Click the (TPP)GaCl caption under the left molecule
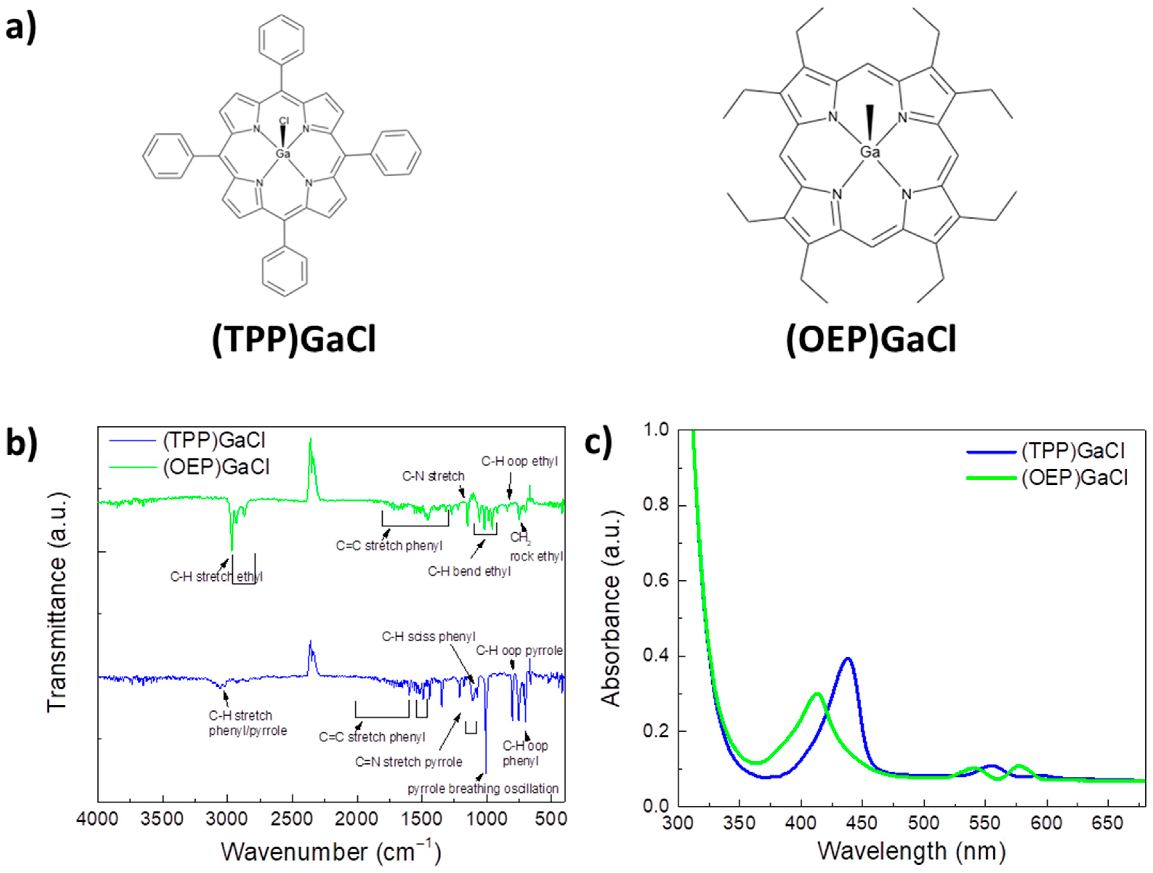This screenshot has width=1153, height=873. tap(294, 340)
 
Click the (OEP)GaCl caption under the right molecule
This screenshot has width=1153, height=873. tap(871, 340)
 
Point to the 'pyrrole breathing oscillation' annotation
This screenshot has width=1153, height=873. tap(483, 789)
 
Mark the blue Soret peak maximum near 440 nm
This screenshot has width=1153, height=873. tap(848, 659)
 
